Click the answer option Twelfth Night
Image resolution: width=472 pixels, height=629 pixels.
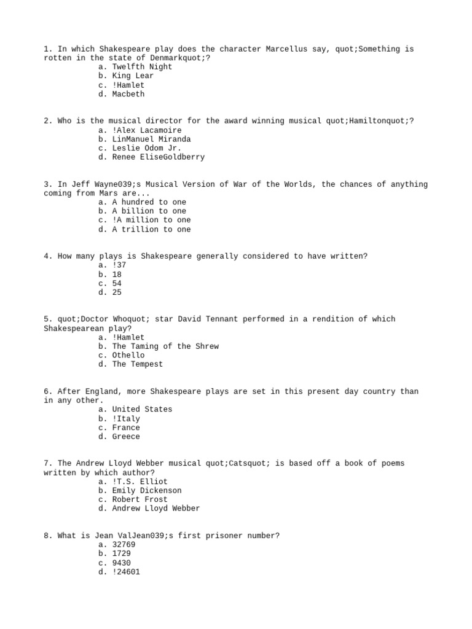[142, 67]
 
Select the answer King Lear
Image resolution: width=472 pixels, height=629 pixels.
[133, 76]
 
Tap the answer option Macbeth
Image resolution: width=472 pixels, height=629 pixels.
[128, 94]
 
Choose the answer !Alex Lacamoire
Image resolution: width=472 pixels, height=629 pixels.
[147, 130]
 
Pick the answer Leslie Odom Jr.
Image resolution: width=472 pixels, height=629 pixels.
[147, 148]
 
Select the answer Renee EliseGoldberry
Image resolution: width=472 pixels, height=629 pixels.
[159, 157]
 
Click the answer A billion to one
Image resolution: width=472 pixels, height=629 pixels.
[149, 211]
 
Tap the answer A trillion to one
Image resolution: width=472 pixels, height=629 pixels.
[151, 229]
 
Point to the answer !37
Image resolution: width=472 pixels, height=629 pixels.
[119, 265]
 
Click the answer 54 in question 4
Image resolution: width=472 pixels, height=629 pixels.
[117, 283]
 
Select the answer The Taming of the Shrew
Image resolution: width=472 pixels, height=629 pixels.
[165, 346]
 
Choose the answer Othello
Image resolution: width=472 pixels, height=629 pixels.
[128, 355]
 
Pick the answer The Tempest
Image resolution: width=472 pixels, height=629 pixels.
[138, 364]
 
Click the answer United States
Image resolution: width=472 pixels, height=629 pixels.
[142, 409]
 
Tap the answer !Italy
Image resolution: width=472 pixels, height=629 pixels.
[126, 418]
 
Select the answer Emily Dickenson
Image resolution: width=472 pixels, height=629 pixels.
[147, 491]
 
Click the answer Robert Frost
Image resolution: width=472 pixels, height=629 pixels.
[140, 499]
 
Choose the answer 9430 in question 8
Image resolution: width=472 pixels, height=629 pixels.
[121, 563]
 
